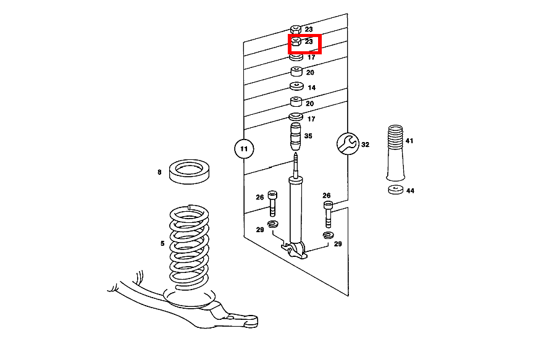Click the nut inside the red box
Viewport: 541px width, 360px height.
296,42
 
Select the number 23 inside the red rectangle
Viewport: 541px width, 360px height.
309,42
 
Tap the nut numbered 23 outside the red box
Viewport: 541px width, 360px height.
296,29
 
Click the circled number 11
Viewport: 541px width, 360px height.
244,148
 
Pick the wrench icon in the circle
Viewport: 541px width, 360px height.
346,144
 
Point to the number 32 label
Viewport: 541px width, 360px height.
365,144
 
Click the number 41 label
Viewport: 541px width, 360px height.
409,141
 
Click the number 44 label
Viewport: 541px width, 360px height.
410,191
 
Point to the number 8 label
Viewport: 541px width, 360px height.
159,172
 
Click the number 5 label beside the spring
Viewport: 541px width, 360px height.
162,243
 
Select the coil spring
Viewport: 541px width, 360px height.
189,247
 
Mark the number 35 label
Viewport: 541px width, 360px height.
308,136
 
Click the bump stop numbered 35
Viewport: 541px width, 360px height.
295,136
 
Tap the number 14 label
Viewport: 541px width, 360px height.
311,88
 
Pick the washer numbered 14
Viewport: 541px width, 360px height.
296,86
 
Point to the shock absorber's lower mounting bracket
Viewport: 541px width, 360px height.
295,249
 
